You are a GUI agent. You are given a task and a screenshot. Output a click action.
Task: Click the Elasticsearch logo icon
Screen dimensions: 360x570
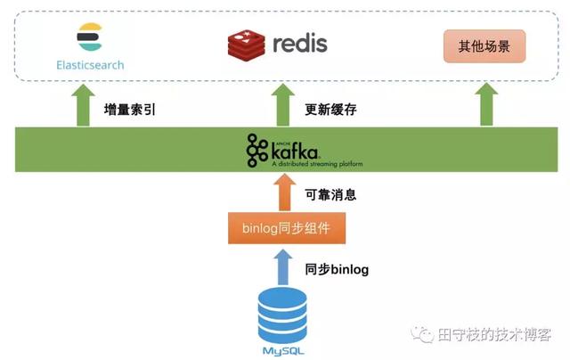tap(90, 38)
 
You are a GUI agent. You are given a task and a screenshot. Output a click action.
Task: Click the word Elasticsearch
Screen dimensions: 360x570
tap(90, 65)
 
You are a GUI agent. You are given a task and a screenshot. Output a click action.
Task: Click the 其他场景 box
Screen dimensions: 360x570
tap(484, 45)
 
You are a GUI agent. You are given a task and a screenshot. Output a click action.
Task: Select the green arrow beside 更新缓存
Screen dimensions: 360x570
tap(282, 105)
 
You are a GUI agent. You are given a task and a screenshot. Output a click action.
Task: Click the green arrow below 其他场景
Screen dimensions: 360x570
tap(486, 105)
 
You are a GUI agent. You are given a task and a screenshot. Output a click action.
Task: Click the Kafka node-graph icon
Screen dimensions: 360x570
tap(257, 150)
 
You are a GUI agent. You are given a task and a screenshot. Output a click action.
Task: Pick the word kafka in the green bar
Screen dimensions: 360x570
tap(295, 149)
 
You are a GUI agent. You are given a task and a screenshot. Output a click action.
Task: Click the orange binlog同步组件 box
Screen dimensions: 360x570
tap(285, 228)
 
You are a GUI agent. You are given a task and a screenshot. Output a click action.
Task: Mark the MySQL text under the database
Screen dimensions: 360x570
tap(282, 350)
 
